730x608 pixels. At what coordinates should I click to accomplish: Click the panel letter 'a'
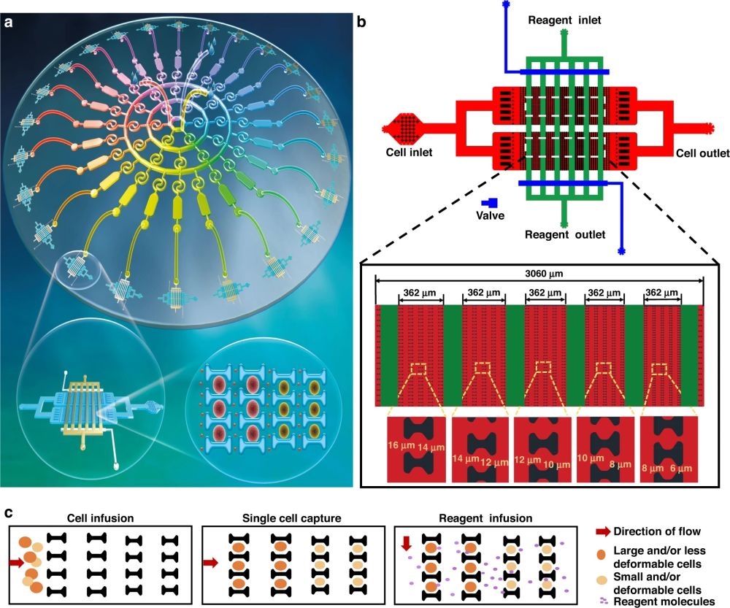(x=8, y=22)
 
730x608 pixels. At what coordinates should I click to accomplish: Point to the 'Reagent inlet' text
(x=564, y=20)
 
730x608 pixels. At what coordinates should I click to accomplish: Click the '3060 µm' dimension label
(x=538, y=274)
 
